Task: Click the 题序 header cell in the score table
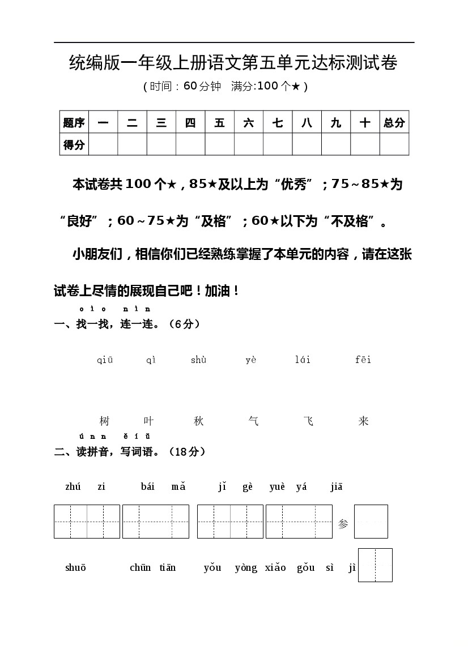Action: click(x=74, y=122)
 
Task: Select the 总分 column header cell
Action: click(x=394, y=122)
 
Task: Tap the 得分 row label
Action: click(x=74, y=144)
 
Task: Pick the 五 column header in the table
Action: click(x=219, y=122)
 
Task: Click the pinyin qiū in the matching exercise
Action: click(x=105, y=360)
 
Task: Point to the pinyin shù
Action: click(x=198, y=360)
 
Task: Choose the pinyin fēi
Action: click(x=363, y=360)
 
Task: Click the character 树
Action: click(x=104, y=421)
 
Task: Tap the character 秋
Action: click(x=198, y=421)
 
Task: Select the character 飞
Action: click(x=308, y=421)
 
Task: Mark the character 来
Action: click(x=364, y=421)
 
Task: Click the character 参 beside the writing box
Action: click(x=343, y=524)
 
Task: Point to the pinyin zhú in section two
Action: click(x=73, y=486)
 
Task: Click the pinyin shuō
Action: click(x=75, y=567)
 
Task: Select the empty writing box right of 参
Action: click(x=371, y=521)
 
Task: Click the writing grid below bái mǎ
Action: click(x=156, y=521)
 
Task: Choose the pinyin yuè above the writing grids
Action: click(x=278, y=486)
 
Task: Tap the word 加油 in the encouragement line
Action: click(x=218, y=291)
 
